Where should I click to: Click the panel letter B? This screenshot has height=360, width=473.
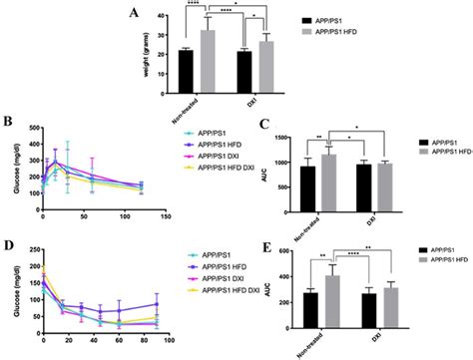7,121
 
